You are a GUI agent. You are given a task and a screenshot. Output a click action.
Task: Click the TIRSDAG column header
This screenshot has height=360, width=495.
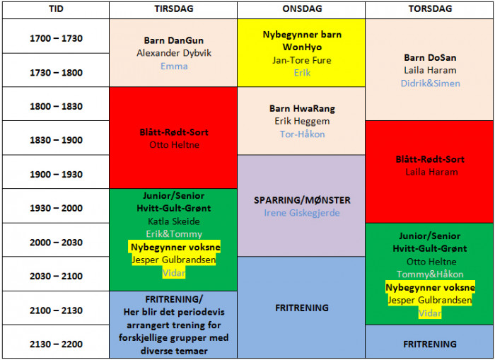click(174, 8)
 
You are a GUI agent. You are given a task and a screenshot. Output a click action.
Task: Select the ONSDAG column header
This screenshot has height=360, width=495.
click(302, 8)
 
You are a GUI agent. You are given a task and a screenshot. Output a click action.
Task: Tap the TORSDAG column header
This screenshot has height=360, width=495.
click(430, 8)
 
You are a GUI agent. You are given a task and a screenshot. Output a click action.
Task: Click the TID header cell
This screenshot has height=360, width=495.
click(56, 8)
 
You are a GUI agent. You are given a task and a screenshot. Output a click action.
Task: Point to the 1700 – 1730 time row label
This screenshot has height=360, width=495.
click(56, 38)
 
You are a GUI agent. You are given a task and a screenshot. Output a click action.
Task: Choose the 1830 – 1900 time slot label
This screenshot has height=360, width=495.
click(56, 140)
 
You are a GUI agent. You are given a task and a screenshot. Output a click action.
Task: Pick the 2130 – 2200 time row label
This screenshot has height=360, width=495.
click(56, 344)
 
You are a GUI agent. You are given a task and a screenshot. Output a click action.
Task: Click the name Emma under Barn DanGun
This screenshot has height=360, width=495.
click(174, 66)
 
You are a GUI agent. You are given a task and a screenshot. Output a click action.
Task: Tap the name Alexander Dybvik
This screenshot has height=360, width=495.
click(174, 53)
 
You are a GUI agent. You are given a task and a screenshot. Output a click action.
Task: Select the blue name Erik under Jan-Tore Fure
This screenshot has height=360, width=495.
click(302, 73)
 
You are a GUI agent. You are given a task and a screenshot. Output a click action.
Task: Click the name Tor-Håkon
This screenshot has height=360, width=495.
click(302, 134)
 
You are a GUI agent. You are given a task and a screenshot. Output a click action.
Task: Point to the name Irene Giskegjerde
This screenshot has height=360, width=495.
click(302, 213)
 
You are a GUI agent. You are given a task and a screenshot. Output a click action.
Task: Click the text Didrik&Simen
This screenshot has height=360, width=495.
click(430, 83)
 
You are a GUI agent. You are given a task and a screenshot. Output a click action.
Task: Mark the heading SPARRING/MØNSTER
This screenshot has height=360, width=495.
click(302, 200)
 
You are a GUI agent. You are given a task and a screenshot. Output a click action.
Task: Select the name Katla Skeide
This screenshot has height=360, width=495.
click(174, 221)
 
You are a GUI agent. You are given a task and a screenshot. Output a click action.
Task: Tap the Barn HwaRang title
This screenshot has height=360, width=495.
click(302, 108)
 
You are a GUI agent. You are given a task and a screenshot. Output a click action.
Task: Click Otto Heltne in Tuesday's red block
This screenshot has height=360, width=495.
click(174, 144)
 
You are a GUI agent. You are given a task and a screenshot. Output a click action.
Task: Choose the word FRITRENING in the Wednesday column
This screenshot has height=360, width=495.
click(302, 308)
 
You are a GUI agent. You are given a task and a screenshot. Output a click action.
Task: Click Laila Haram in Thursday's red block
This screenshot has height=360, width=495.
click(431, 172)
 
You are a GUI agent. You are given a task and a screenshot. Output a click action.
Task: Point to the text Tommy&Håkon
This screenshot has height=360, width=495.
click(430, 274)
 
